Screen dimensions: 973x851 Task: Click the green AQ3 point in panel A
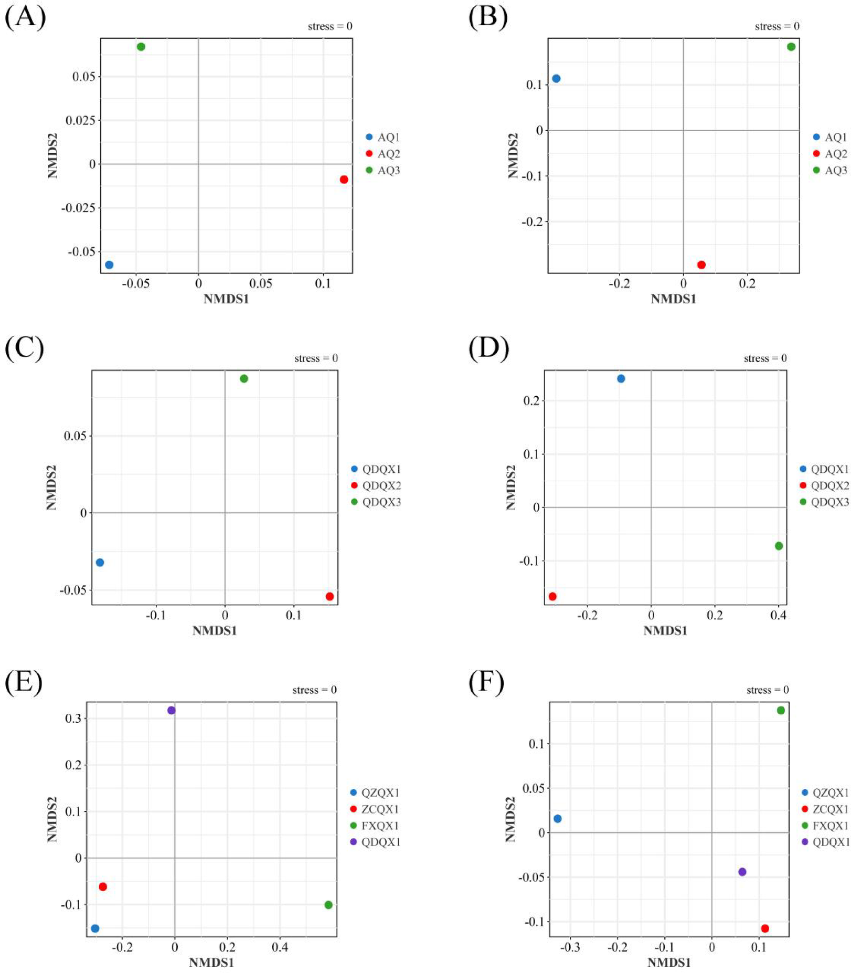141,47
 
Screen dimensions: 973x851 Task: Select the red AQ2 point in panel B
701,265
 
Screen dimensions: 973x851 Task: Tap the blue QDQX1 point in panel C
100,562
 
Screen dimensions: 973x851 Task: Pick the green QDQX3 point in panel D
779,546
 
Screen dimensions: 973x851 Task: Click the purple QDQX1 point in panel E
171,710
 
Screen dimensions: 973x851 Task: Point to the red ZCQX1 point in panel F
764,928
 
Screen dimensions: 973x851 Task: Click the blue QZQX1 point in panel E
95,928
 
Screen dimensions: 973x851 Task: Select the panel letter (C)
24,348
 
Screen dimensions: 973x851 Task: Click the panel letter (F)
486,682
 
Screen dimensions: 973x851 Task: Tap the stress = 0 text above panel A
329,26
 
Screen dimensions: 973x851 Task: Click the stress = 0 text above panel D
765,358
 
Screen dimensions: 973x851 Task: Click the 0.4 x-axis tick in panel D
778,615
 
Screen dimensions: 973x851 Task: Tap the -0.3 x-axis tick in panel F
570,947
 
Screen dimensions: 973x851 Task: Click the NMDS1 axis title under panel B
673,299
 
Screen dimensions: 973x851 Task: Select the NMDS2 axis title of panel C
51,487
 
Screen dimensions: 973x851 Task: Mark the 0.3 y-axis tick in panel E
73,718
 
